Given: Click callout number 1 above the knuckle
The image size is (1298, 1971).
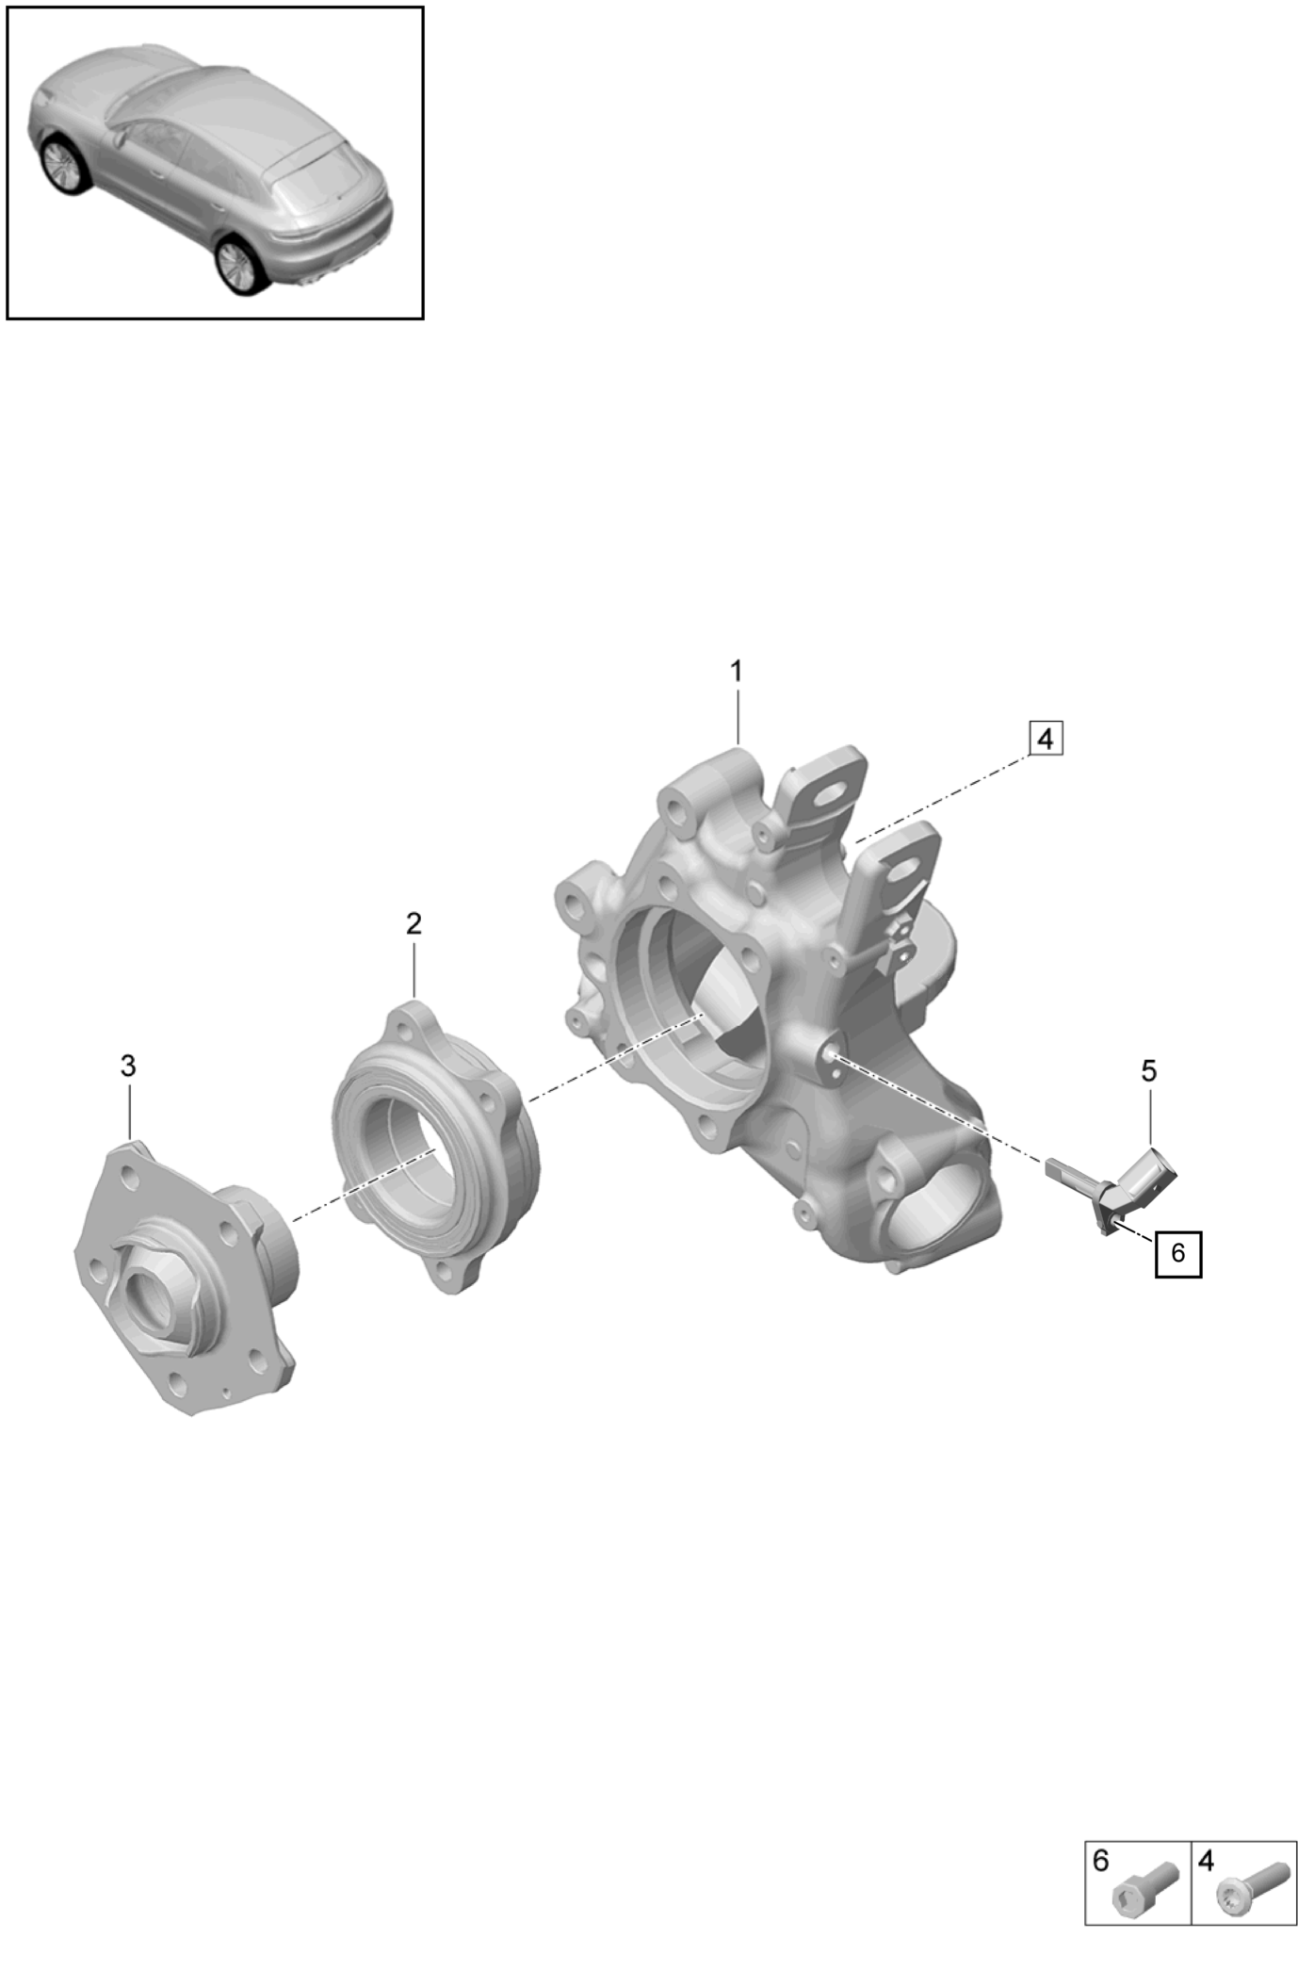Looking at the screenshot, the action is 736,672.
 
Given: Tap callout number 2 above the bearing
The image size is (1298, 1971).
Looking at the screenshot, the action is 414,923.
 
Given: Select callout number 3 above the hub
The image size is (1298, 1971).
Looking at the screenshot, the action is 128,1066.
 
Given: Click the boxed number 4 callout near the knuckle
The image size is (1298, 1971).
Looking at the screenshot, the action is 1045,739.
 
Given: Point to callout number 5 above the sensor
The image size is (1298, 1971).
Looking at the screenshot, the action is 1149,1070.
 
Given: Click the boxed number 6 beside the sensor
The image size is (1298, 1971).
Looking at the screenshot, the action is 1178,1253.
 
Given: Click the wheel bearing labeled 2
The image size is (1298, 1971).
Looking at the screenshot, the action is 435,1148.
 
